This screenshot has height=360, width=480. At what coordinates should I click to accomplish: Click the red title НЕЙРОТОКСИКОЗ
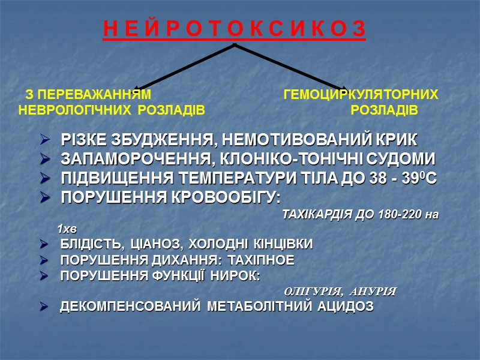pos(234,30)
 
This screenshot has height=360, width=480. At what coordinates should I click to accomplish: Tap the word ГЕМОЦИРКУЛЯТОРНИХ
pos(361,95)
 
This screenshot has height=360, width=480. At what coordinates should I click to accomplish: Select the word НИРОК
pos(236,276)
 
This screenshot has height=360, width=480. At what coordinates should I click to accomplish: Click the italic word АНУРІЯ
pos(373,292)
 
